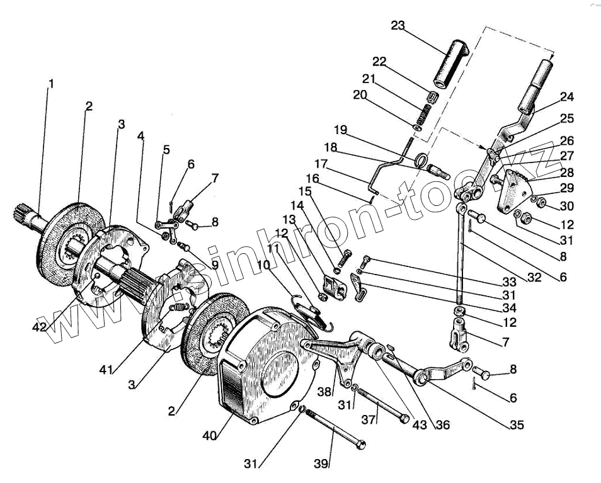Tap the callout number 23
coord(398,26)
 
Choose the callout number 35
coord(517,425)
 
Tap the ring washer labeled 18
coord(420,161)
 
